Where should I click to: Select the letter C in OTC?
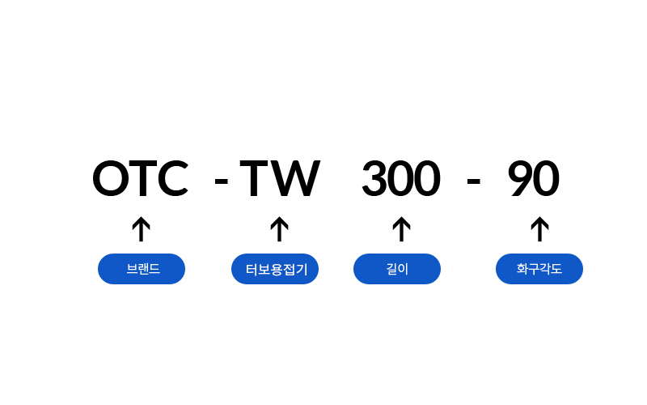pyautogui.click(x=172, y=179)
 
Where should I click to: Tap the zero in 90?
pyautogui.click(x=546, y=179)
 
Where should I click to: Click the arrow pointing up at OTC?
pyautogui.click(x=142, y=229)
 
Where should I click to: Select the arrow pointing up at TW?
pyautogui.click(x=279, y=229)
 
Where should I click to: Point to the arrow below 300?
pyautogui.click(x=400, y=229)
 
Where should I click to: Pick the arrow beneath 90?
pyautogui.click(x=539, y=229)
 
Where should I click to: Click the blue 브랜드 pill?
pyautogui.click(x=142, y=269)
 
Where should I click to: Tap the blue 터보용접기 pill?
pyautogui.click(x=275, y=269)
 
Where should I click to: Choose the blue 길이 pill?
pyautogui.click(x=397, y=269)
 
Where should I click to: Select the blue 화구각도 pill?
pyautogui.click(x=539, y=269)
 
